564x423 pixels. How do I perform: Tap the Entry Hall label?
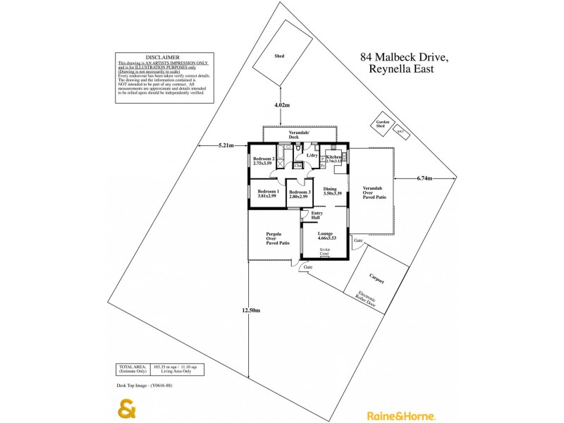point(317,215)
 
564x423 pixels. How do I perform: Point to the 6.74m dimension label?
point(424,178)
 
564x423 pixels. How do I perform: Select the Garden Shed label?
point(383,124)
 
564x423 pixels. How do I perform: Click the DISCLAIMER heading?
point(162,57)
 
